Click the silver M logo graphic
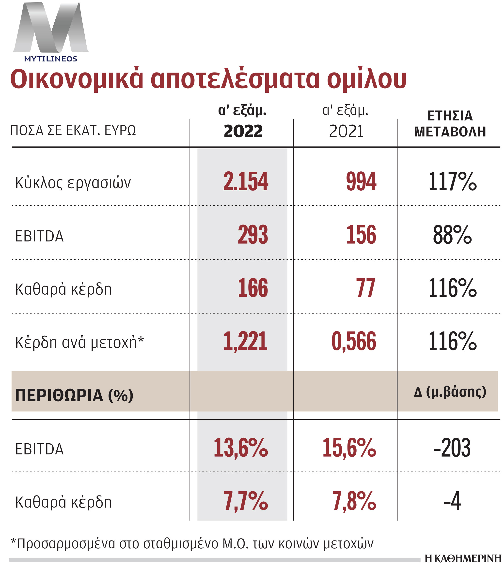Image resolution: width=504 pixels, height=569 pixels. pos(51,28)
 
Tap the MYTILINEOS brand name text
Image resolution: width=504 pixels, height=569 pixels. pos(51,59)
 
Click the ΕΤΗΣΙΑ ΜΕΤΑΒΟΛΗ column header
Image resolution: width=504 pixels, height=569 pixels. pos(450,124)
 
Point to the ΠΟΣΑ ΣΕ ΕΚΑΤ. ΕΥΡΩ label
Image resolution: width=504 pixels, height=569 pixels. pos(73,130)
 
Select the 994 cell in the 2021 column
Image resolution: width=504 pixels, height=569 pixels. pos(361,181)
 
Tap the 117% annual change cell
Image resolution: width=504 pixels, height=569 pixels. pos(452,181)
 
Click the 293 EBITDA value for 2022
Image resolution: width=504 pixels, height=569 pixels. pos(253,235)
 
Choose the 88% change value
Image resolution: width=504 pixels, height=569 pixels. pos(452,235)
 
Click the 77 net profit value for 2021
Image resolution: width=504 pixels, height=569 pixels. pos(365,288)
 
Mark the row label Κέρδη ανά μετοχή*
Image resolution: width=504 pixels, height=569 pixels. pos(79,342)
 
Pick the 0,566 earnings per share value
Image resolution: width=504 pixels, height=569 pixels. pos(354,341)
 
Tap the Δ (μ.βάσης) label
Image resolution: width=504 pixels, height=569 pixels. pos(450,392)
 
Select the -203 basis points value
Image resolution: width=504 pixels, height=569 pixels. pos(452,448)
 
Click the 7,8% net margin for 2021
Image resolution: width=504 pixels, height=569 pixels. pos(354,501)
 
